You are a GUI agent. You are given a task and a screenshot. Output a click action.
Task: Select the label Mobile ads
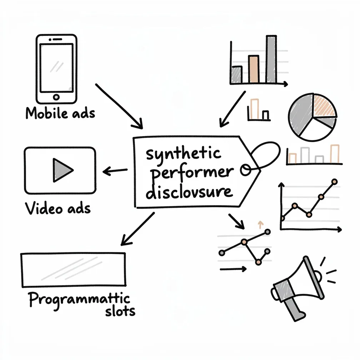click(60, 113)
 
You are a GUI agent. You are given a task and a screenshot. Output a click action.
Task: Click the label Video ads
click(58, 208)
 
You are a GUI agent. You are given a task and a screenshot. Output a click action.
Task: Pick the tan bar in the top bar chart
click(253, 69)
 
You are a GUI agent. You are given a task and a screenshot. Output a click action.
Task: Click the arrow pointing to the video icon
click(115, 171)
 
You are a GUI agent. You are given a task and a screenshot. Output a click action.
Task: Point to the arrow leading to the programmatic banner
click(137, 229)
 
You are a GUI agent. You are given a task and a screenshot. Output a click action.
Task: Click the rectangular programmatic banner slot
click(74, 270)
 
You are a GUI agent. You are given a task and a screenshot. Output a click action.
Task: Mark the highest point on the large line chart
click(334, 182)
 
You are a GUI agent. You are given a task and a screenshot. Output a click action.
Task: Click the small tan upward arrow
click(260, 224)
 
